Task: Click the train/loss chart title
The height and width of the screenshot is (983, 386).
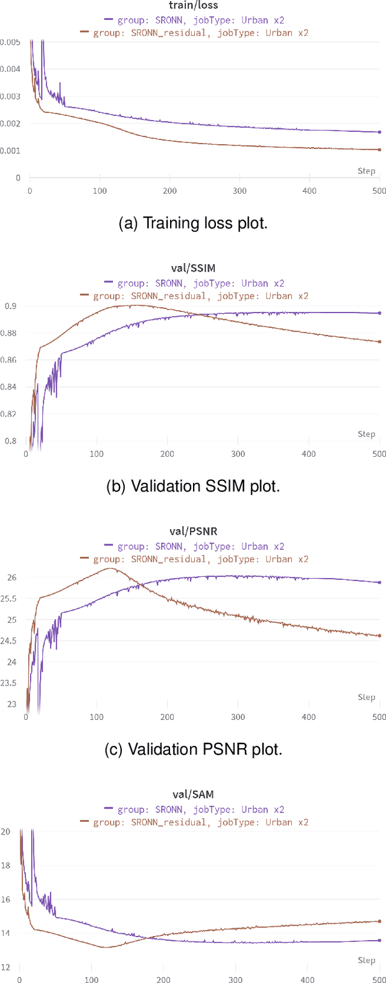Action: point(192,5)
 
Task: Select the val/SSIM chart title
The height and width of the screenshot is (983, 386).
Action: point(192,269)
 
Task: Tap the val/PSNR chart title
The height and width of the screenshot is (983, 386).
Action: point(192,532)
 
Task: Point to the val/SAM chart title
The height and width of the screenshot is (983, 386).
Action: point(192,795)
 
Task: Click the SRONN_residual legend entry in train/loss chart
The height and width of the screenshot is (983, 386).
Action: point(194,33)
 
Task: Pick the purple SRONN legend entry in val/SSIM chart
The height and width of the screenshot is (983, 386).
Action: point(194,283)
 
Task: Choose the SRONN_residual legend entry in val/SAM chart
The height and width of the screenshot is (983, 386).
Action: point(194,822)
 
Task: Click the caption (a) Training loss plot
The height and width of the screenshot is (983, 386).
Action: point(193,223)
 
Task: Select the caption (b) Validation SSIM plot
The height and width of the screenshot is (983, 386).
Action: point(193,486)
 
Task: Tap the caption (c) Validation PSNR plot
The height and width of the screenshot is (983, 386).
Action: point(193,749)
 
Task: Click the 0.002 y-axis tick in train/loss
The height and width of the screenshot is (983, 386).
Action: point(10,124)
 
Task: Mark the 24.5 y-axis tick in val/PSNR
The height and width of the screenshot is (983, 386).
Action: point(8,641)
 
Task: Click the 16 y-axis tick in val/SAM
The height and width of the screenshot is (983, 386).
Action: point(6,899)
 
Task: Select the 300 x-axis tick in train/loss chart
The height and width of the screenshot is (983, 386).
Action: point(240,191)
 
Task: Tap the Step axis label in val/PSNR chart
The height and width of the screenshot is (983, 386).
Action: point(366,697)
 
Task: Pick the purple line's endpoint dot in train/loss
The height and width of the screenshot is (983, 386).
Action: point(379,132)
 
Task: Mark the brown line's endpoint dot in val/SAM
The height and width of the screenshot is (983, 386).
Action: point(379,921)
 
